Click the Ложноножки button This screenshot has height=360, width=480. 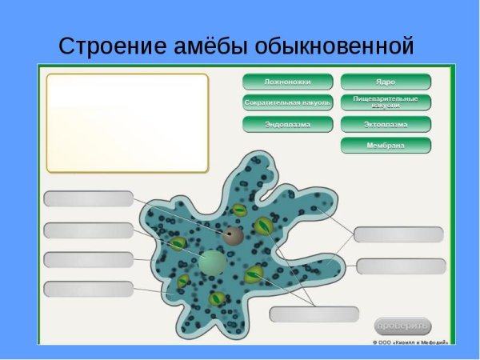[288, 82]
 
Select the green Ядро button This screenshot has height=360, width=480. [386, 82]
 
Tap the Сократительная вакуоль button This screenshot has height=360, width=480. [288, 102]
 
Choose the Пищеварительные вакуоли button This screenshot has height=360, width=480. [386, 102]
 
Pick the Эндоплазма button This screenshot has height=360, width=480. [288, 124]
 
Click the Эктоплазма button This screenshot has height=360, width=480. [386, 124]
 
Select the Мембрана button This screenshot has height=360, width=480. [386, 145]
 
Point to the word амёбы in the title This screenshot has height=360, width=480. [210, 46]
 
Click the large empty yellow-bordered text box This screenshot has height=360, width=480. [127, 122]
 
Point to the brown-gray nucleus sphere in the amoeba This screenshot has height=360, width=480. [233, 235]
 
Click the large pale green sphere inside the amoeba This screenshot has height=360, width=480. [212, 261]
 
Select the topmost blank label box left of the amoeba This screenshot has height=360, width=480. [88, 198]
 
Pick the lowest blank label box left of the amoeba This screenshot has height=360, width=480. [88, 289]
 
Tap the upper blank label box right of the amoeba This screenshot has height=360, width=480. [398, 234]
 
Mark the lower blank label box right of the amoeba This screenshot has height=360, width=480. [400, 266]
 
